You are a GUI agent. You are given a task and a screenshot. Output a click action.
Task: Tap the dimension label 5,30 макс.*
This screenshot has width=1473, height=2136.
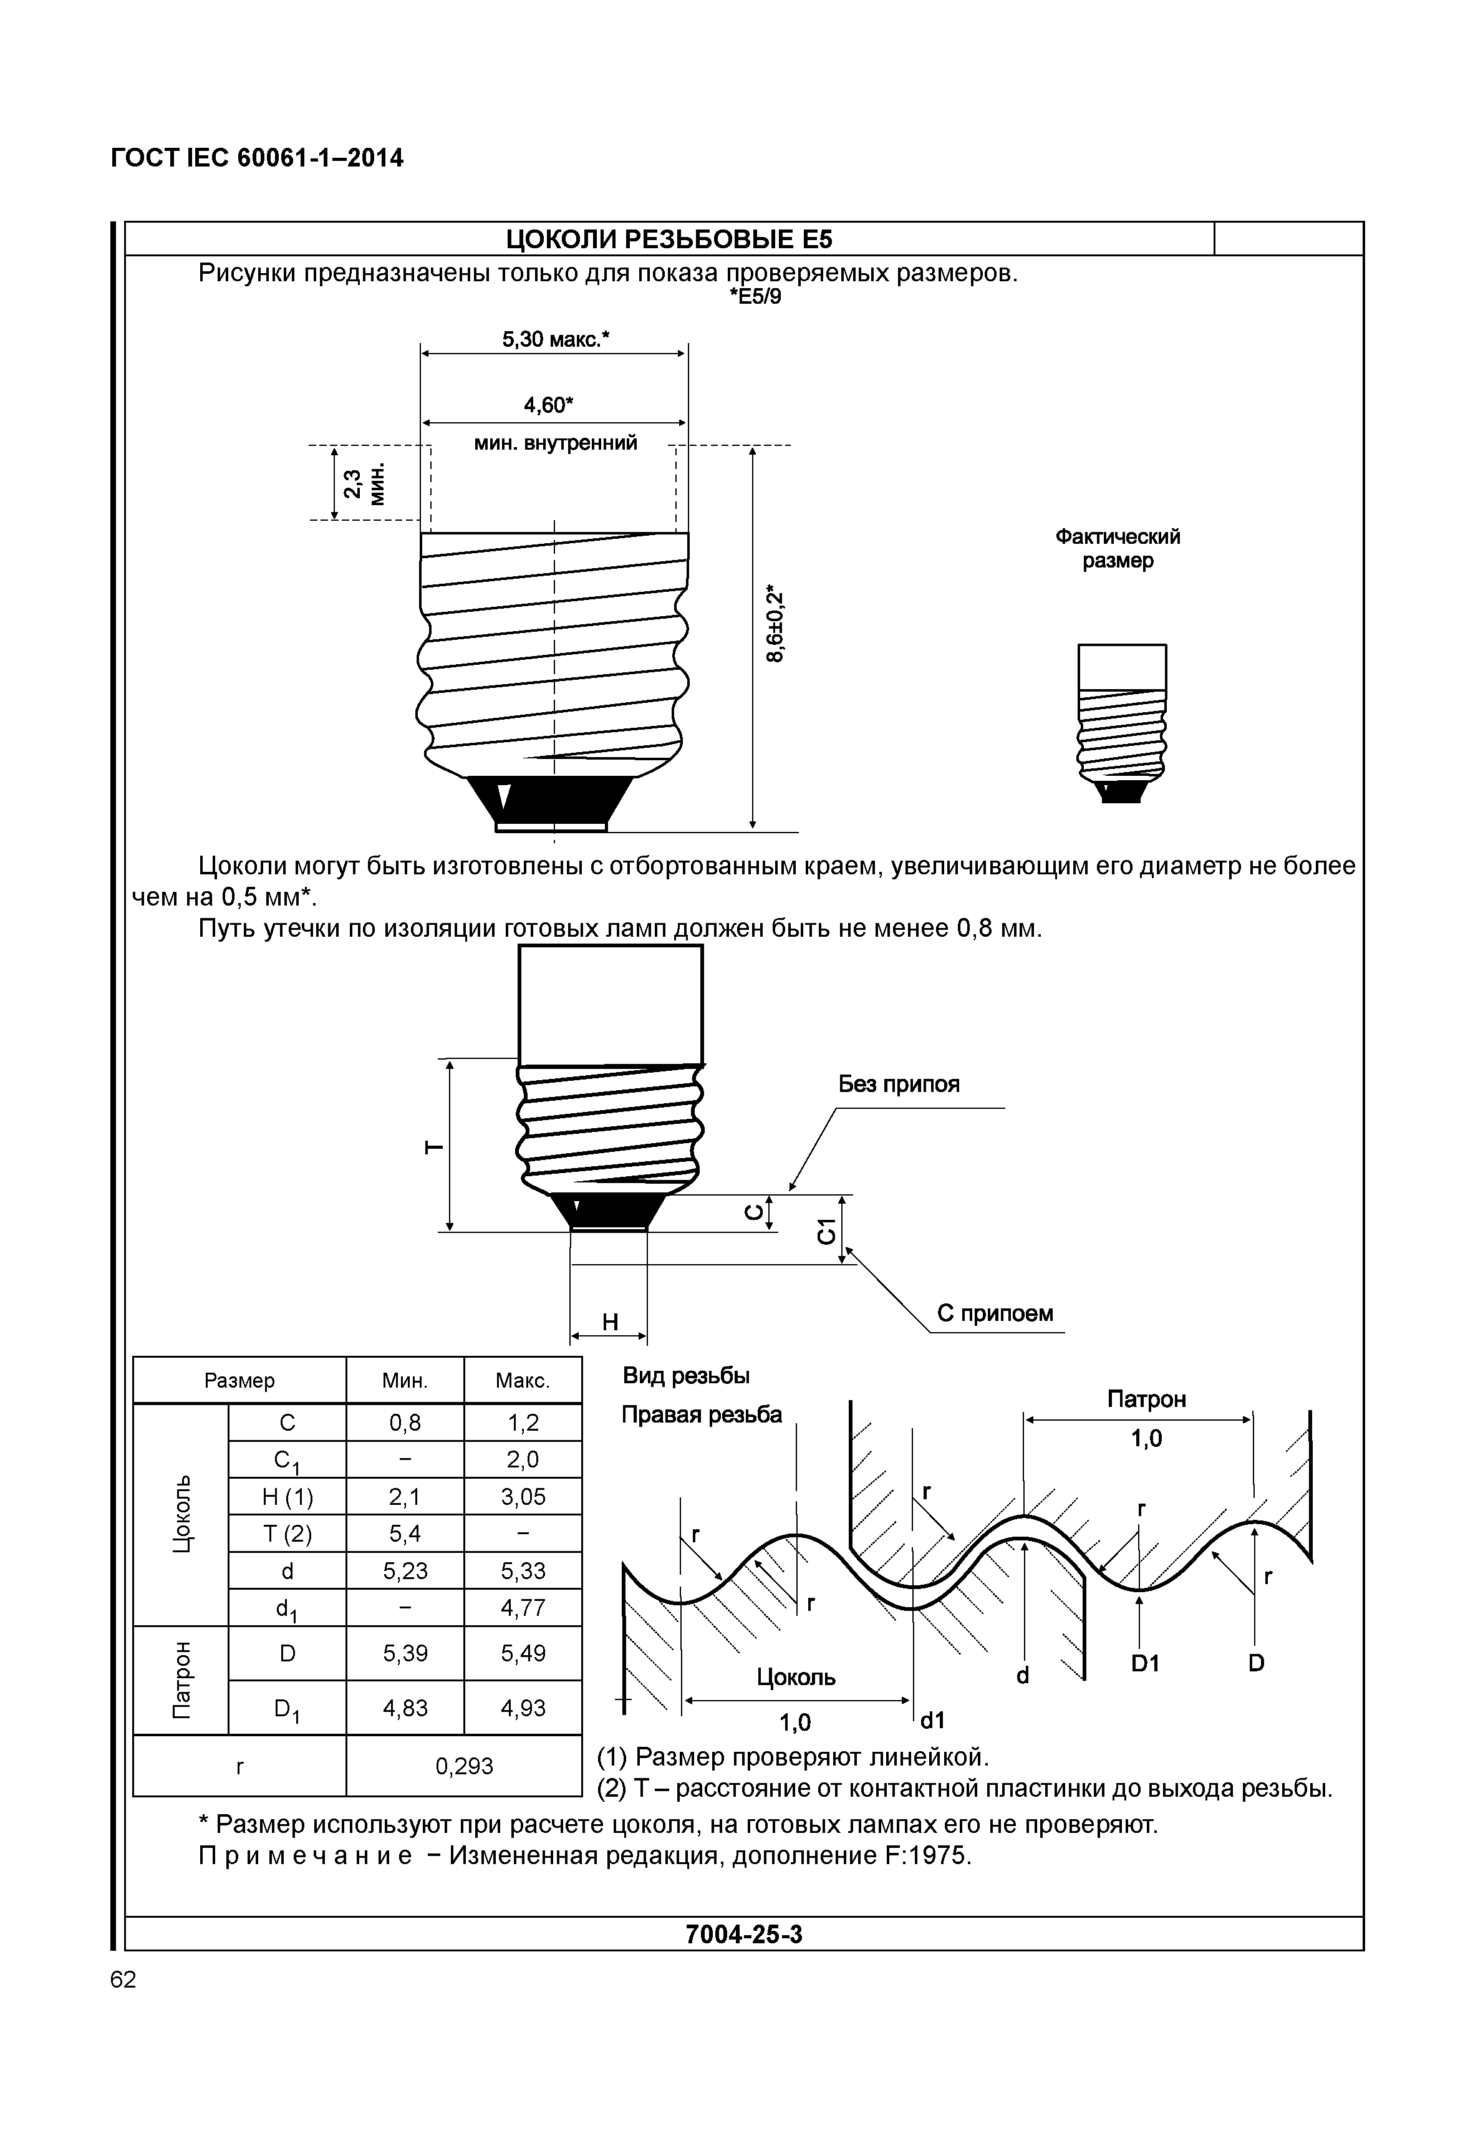click(556, 340)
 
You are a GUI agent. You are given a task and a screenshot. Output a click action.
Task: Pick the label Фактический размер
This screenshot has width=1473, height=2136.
click(1118, 548)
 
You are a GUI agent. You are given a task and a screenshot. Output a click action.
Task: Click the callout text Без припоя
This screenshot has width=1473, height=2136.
click(898, 1084)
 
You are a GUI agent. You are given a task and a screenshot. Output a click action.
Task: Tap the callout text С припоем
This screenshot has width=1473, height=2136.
click(994, 1313)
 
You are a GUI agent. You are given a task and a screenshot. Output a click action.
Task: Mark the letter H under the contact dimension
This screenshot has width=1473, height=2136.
click(609, 1322)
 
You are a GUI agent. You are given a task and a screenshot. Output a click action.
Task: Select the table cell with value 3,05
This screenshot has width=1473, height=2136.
click(523, 1496)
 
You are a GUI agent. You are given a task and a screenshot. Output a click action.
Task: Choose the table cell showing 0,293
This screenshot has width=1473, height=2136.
click(463, 1766)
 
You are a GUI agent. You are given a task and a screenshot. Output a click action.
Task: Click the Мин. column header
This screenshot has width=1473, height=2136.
click(404, 1381)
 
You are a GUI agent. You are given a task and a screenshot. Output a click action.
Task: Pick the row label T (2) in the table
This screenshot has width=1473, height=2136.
click(286, 1533)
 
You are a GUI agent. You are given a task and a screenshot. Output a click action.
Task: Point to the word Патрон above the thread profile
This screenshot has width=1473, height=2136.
click(1146, 1399)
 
